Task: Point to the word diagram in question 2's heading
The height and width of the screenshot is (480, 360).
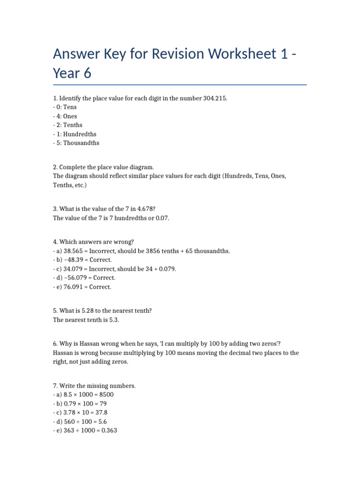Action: [x=140, y=167]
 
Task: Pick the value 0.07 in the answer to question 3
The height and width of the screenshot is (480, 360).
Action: [x=161, y=218]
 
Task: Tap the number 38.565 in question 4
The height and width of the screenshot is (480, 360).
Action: [x=73, y=251]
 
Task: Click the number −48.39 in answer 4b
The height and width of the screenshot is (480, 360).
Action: [x=73, y=260]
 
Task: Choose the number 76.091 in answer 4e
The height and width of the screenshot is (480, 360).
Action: [x=73, y=287]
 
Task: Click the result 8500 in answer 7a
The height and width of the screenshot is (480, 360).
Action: [x=105, y=395]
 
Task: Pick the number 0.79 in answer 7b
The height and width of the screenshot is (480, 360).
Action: [x=71, y=404]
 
